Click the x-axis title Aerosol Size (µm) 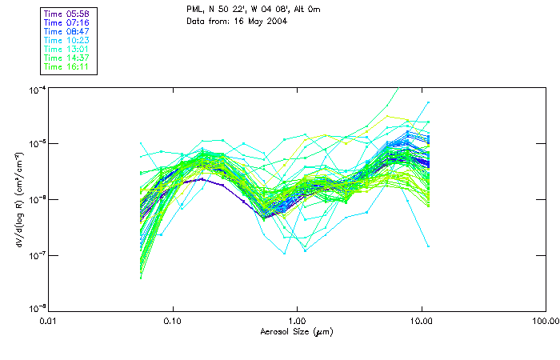[297, 331]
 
